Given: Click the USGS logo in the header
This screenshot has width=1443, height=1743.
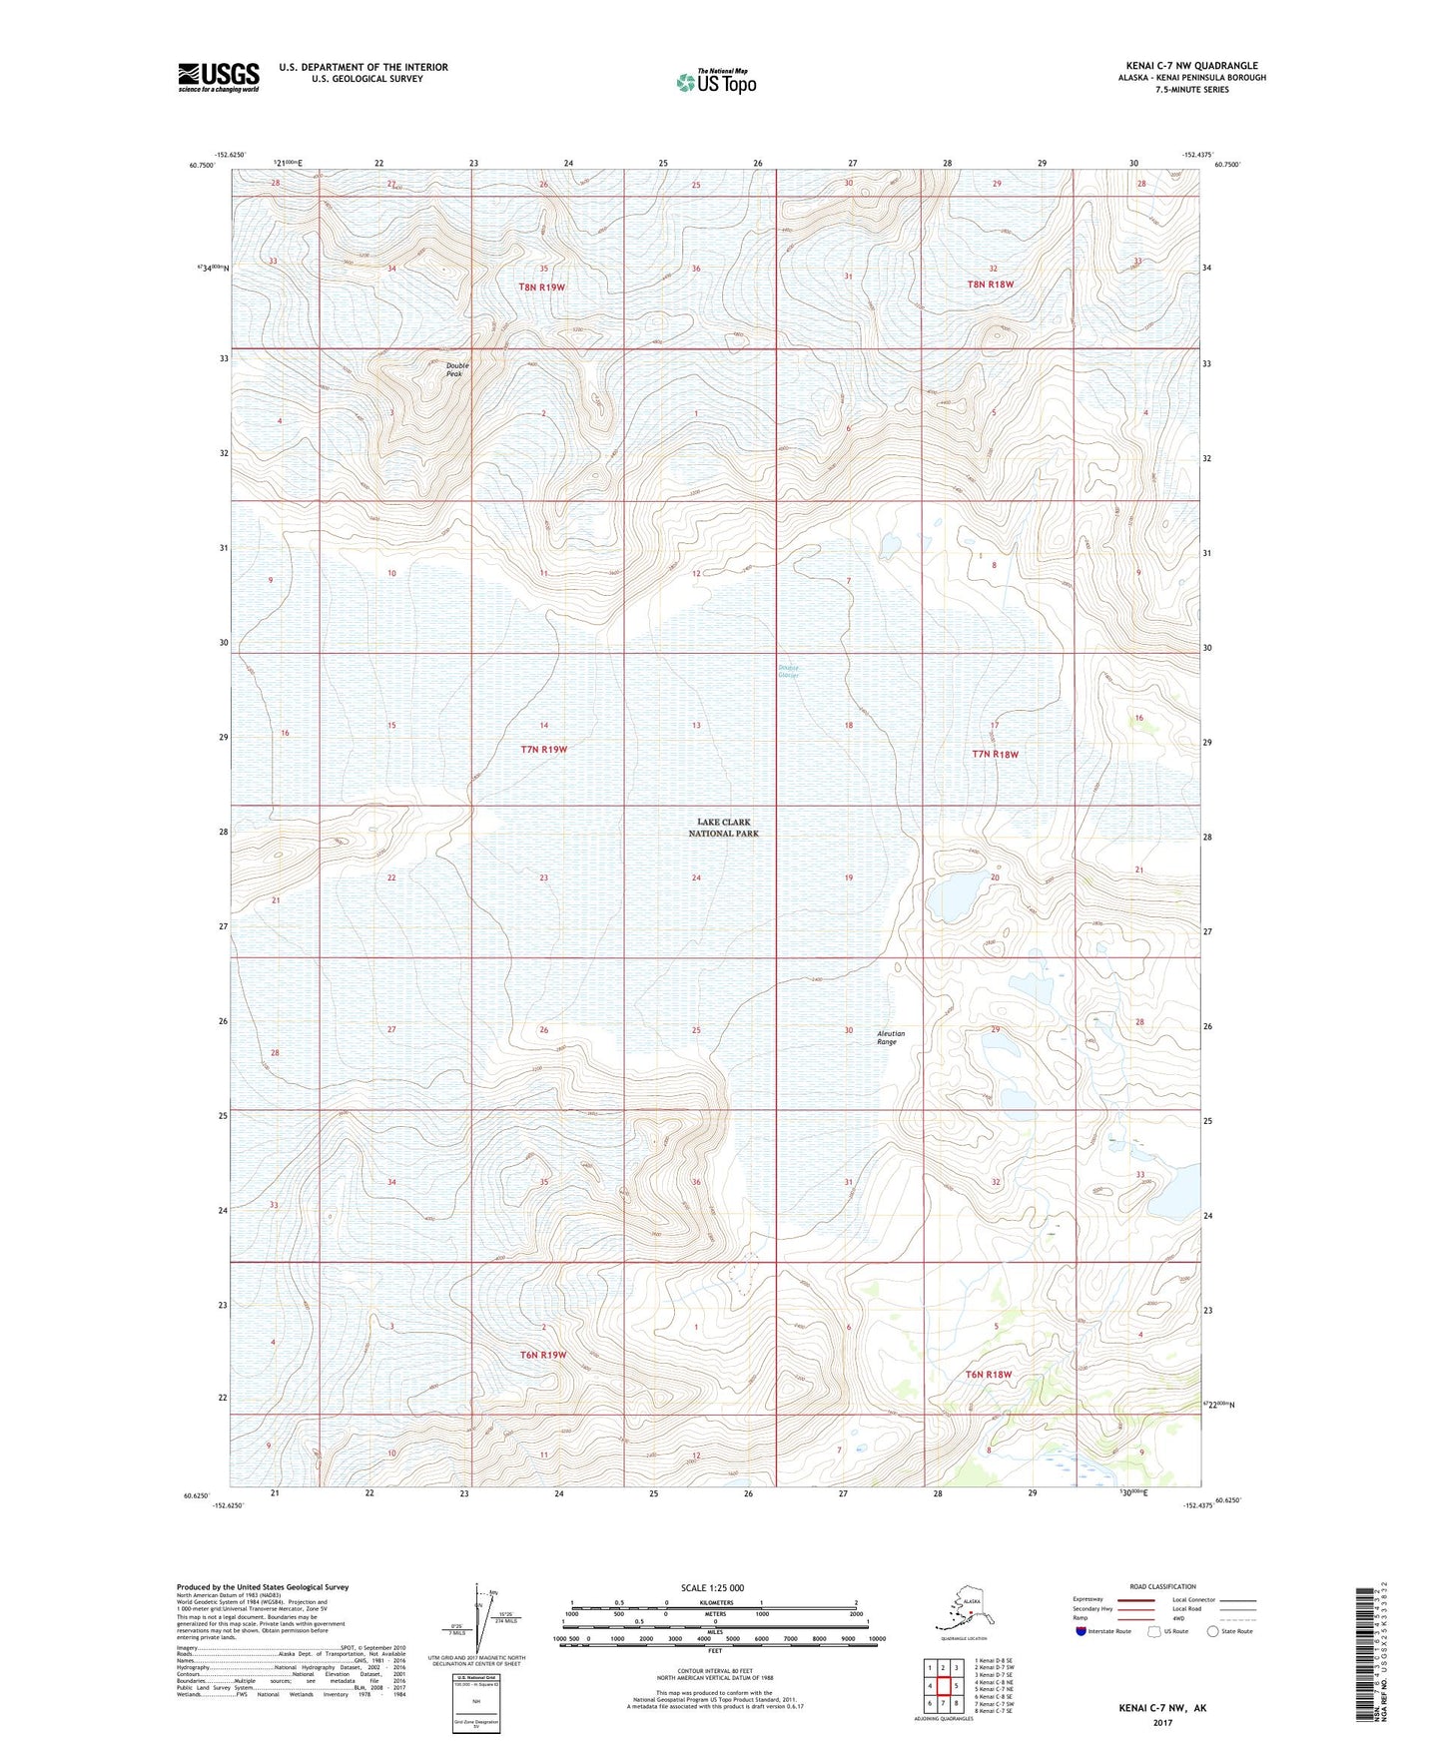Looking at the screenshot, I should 218,77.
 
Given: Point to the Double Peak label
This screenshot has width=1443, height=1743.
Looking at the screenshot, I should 457,368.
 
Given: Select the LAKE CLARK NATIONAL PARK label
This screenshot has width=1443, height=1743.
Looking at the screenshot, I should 724,828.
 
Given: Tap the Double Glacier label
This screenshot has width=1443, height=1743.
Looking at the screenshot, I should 788,673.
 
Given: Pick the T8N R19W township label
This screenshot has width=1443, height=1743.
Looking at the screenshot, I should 542,287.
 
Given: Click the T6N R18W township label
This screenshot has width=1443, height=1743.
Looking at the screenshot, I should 989,1375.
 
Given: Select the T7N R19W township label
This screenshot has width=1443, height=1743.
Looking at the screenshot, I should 543,749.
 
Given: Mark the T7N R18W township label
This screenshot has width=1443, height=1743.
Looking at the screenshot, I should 995,754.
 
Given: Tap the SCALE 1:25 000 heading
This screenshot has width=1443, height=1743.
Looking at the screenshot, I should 712,1588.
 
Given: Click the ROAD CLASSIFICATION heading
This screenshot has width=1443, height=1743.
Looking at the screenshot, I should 1162,1586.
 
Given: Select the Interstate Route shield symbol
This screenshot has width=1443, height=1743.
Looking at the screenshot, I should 1081,1631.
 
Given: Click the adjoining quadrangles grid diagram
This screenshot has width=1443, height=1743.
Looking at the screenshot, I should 942,1688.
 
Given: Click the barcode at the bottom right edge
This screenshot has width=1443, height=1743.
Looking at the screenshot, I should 1364,1658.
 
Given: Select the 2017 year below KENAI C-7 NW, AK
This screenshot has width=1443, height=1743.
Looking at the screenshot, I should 1162,1722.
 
